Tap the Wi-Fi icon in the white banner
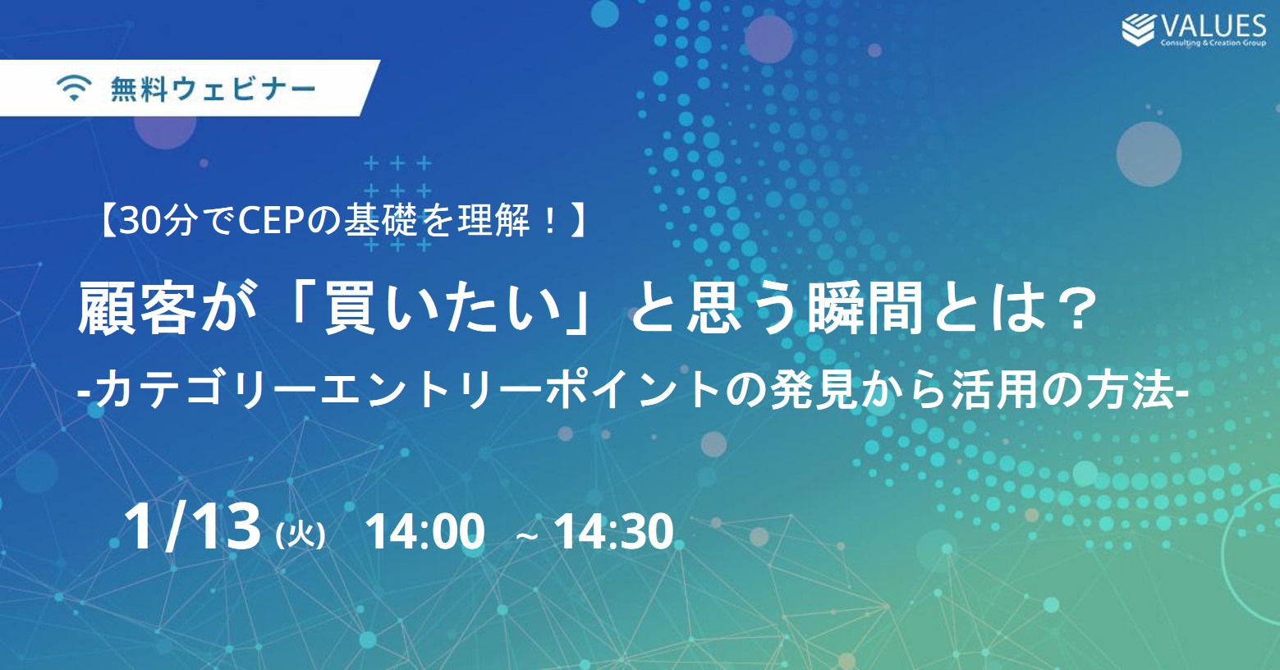[74, 88]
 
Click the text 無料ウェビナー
[213, 89]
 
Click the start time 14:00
[424, 532]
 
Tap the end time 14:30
[613, 532]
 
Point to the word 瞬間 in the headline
[865, 310]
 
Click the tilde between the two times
[525, 536]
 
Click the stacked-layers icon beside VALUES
[1138, 30]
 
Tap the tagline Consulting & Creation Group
[1213, 43]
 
